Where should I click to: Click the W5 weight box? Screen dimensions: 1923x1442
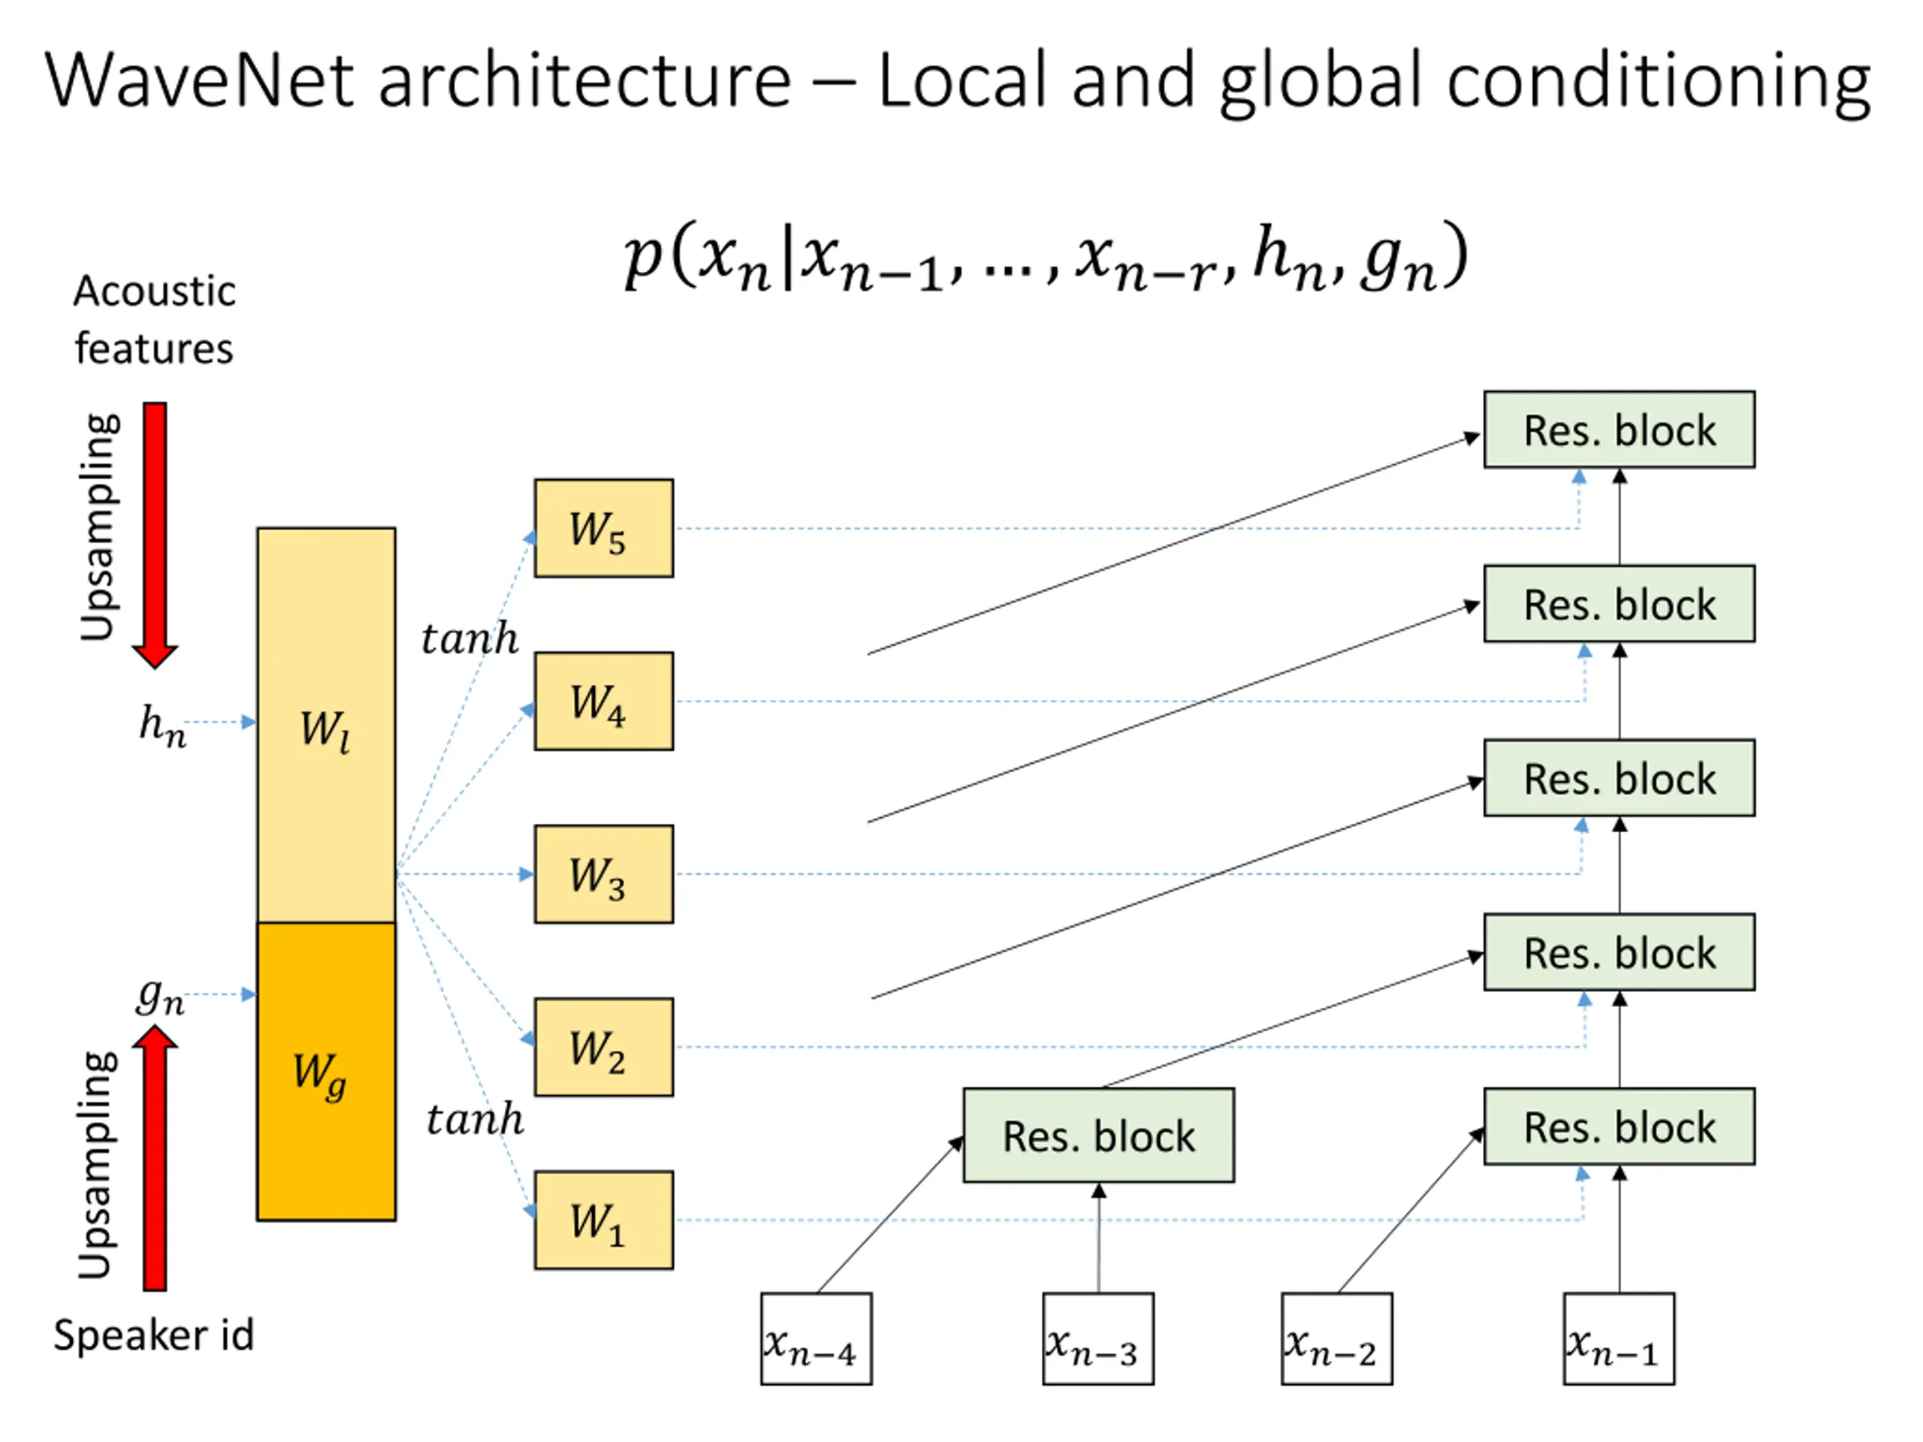[x=603, y=527]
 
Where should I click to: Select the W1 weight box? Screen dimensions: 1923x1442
[x=603, y=1220]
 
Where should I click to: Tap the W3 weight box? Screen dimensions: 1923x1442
[x=603, y=873]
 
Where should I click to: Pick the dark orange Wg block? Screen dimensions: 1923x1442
[x=326, y=1071]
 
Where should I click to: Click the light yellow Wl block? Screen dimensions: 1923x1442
[x=326, y=725]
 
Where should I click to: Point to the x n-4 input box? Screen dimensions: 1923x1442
[x=816, y=1338]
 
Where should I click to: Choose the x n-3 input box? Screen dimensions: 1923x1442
[x=1098, y=1338]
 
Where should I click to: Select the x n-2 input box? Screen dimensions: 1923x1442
[x=1336, y=1338]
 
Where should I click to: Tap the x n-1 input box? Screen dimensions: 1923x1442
[x=1619, y=1338]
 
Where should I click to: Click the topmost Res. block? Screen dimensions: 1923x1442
[x=1619, y=430]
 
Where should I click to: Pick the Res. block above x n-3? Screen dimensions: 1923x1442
[x=1098, y=1134]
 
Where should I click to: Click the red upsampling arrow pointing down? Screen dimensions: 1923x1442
[x=155, y=535]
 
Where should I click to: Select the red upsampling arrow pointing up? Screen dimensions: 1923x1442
[x=155, y=1157]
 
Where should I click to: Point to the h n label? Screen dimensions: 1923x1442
[x=162, y=725]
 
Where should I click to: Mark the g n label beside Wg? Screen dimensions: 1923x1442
[x=161, y=996]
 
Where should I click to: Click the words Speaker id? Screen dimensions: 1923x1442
[x=154, y=1334]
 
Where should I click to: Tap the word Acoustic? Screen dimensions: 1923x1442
[x=154, y=291]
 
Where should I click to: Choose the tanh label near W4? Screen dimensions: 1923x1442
[x=469, y=638]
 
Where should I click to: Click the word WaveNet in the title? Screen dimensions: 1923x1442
[x=200, y=80]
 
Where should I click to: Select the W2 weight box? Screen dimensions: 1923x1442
[x=603, y=1046]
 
